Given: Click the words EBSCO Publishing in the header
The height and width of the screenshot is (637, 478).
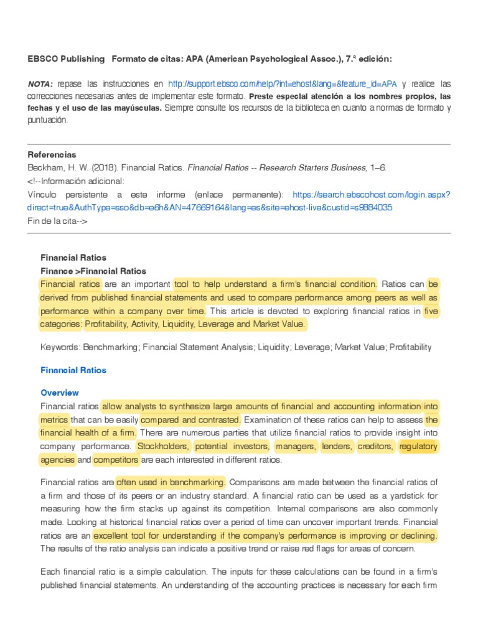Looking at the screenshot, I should (x=66, y=58).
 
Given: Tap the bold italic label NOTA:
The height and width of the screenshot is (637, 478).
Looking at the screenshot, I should (x=40, y=84).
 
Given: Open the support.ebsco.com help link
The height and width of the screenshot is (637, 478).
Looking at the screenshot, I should (x=282, y=84).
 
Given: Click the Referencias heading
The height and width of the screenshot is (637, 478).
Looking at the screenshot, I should (x=52, y=154).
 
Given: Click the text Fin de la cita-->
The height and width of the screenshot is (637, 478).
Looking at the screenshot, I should (x=62, y=220).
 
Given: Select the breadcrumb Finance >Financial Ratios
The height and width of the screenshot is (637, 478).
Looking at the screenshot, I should (x=93, y=271).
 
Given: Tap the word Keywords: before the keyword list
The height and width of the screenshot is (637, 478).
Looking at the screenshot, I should (x=60, y=347).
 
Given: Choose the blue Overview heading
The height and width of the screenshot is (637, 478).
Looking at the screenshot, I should (x=60, y=393).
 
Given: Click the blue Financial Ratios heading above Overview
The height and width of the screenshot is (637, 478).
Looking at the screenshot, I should (x=73, y=370).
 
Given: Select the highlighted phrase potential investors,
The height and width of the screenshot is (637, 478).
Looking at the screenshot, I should (x=232, y=447).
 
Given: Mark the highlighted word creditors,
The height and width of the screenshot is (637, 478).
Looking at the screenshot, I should (x=376, y=447).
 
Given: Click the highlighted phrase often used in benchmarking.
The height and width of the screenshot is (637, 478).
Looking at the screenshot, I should (x=171, y=482).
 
